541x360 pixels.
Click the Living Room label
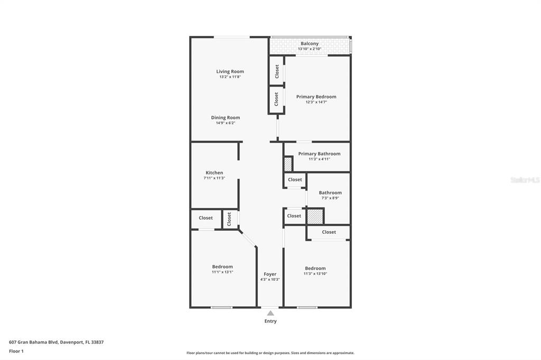pos(230,71)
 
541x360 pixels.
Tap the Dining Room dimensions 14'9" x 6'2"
pos(225,123)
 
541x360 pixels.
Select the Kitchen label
pos(214,173)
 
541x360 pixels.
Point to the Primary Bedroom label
pos(316,97)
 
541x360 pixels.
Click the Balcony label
pos(310,43)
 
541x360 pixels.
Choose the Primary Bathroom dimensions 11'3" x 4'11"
pos(319,159)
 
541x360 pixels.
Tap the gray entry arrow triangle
pos(270,313)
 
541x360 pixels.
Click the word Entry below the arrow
pos(270,321)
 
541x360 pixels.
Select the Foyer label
pos(270,274)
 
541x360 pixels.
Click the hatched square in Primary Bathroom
pos(288,164)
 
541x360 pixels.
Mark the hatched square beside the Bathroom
pos(315,216)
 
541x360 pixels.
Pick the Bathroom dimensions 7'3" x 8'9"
pos(330,198)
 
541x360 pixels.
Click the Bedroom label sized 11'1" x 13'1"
pos(222,267)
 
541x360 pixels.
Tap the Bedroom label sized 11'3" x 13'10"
pos(315,268)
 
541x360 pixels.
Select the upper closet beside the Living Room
pos(277,71)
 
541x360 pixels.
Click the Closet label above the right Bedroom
pos(329,232)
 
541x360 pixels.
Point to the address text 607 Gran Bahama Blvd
pos(34,342)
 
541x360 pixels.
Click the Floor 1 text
pos(16,351)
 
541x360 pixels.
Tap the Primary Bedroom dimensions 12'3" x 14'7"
pos(316,102)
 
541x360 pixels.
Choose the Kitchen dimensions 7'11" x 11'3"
pos(214,178)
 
